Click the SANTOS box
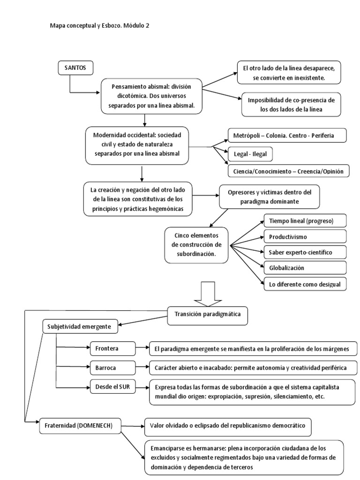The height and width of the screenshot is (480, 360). pos(75,68)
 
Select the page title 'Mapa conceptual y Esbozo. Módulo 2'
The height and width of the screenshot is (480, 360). pos(100,26)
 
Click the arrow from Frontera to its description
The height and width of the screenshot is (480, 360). pos(142,349)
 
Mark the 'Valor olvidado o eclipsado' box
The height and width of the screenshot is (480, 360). pos(227,426)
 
